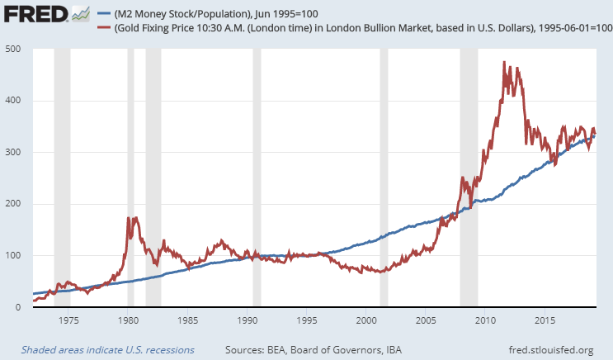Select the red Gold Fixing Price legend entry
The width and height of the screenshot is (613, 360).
pyautogui.click(x=355, y=27)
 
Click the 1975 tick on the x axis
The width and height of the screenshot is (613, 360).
pyautogui.click(x=68, y=319)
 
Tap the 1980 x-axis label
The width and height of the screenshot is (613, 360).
pyautogui.click(x=128, y=319)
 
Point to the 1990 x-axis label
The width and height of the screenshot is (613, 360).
pyautogui.click(x=247, y=319)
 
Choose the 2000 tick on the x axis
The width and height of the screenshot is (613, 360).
pyautogui.click(x=366, y=319)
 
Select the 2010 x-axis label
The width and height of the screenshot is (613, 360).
pyautogui.click(x=485, y=319)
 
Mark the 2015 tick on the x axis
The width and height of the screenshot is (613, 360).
pyautogui.click(x=545, y=319)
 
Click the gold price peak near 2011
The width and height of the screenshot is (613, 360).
pyautogui.click(x=504, y=63)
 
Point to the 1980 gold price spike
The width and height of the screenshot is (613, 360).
pyautogui.click(x=129, y=218)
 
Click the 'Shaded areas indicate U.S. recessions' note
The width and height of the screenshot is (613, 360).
pyautogui.click(x=107, y=350)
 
